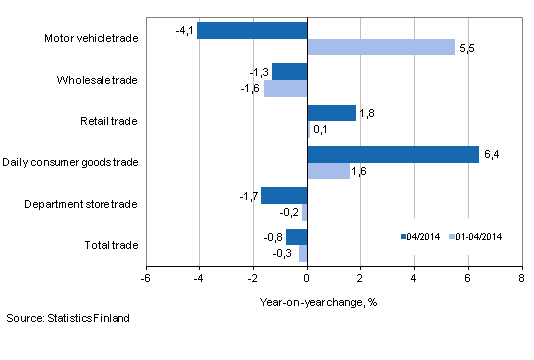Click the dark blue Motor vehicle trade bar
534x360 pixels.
point(252,31)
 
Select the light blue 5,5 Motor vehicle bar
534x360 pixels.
point(380,47)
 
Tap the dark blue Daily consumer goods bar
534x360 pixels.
point(392,155)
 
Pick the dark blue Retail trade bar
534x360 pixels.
point(331,113)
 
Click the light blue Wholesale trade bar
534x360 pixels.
point(285,88)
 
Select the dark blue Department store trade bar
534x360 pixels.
point(284,196)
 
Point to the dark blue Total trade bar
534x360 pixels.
point(296,237)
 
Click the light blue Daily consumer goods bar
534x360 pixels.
point(328,171)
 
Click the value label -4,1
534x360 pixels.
point(184,31)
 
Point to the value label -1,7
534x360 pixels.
point(248,196)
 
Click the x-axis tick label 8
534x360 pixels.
point(520,278)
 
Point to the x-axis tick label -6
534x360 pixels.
point(146,278)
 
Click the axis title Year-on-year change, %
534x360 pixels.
point(332,299)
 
